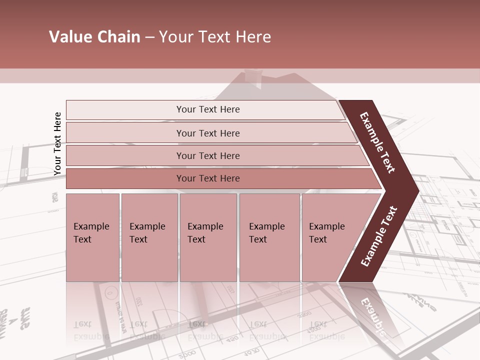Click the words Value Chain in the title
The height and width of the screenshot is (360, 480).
pos(94,37)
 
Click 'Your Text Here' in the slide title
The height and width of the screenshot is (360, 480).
pos(215,37)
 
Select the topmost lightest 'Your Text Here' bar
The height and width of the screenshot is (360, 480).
pos(207,109)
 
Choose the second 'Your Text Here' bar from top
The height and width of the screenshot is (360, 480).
pos(207,133)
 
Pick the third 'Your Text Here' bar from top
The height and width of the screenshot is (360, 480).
pos(207,155)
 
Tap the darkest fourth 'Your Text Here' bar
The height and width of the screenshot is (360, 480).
pos(207,178)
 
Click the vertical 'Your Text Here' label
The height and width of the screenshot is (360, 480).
pos(57,143)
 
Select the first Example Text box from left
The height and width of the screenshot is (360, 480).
pos(92,237)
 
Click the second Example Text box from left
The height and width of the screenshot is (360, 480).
pos(149,237)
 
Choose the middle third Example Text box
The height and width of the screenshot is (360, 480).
pos(208,237)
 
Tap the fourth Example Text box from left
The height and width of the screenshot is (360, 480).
pos(269,237)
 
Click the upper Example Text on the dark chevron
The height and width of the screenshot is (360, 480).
pos(377,142)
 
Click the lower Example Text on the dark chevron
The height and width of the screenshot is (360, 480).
pos(378,236)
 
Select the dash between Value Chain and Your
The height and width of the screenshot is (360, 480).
pos(149,37)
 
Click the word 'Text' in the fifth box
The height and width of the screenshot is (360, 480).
pos(318,239)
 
